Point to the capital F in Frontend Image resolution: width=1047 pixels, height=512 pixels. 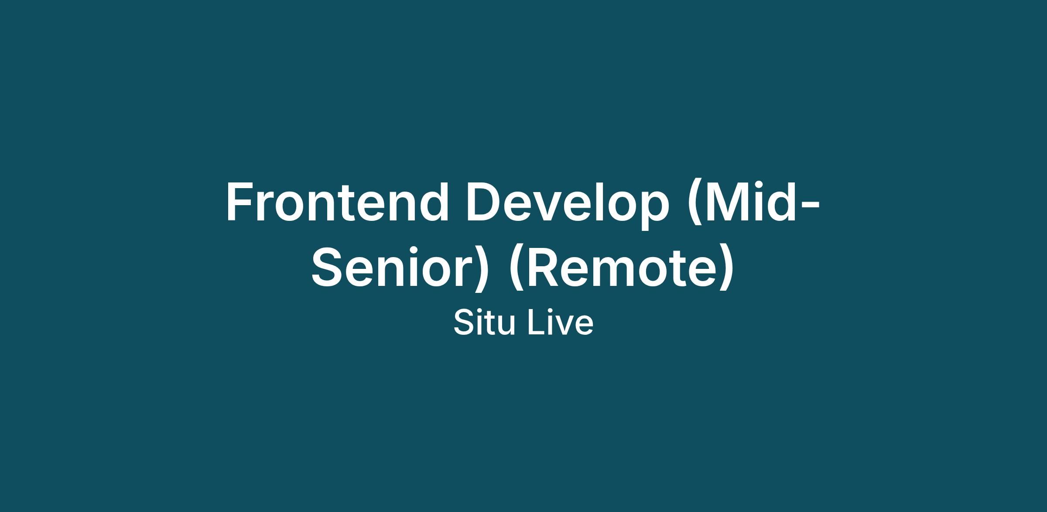(240, 201)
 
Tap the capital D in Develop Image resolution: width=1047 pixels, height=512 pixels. (484, 201)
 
